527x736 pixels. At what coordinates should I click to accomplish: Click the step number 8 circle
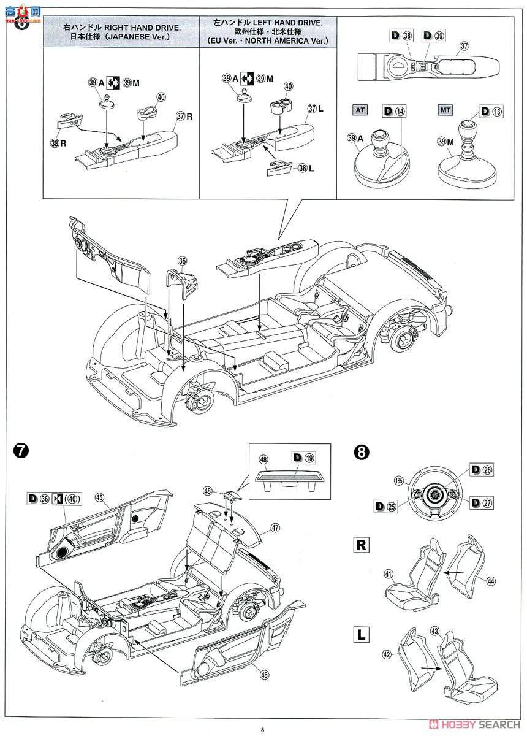point(363,453)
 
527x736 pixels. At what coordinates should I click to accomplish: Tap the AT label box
point(360,110)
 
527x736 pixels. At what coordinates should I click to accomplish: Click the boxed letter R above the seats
point(362,543)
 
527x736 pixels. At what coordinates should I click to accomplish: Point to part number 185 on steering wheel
point(400,480)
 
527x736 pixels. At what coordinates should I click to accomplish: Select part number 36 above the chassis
point(182,261)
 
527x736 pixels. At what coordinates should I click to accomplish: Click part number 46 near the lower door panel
point(264,675)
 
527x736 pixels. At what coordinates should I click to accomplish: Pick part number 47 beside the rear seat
point(275,527)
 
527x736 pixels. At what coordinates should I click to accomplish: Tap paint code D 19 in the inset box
point(303,457)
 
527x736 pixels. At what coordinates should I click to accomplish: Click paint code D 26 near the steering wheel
point(482,470)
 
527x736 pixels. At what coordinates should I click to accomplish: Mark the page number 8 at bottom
point(262,729)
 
